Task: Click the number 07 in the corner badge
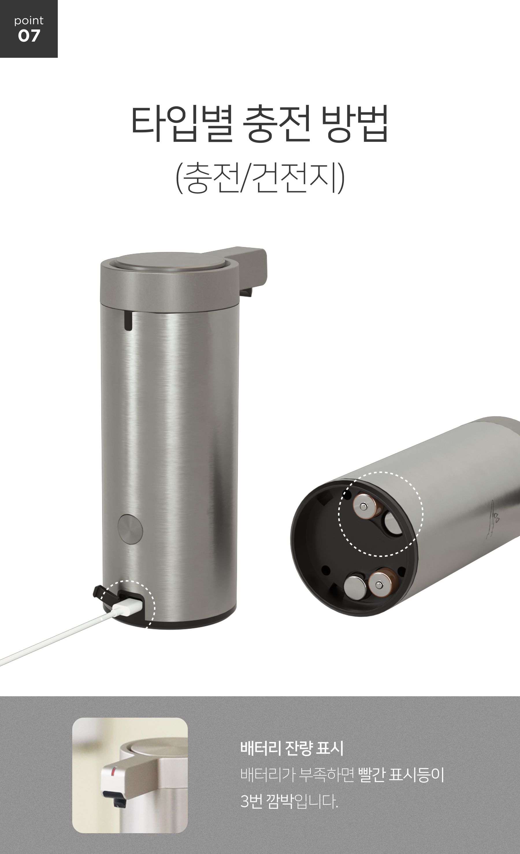click(29, 36)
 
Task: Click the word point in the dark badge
click(29, 21)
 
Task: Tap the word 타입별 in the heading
click(182, 124)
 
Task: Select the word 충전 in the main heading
click(276, 124)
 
